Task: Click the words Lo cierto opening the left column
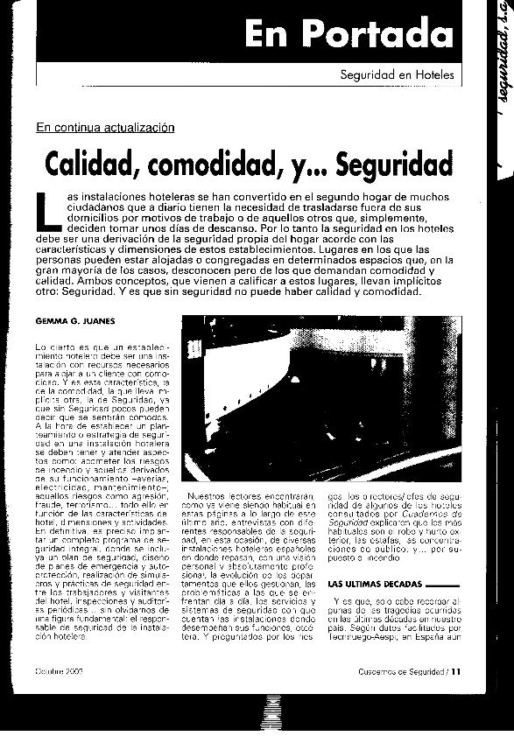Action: (57, 348)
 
